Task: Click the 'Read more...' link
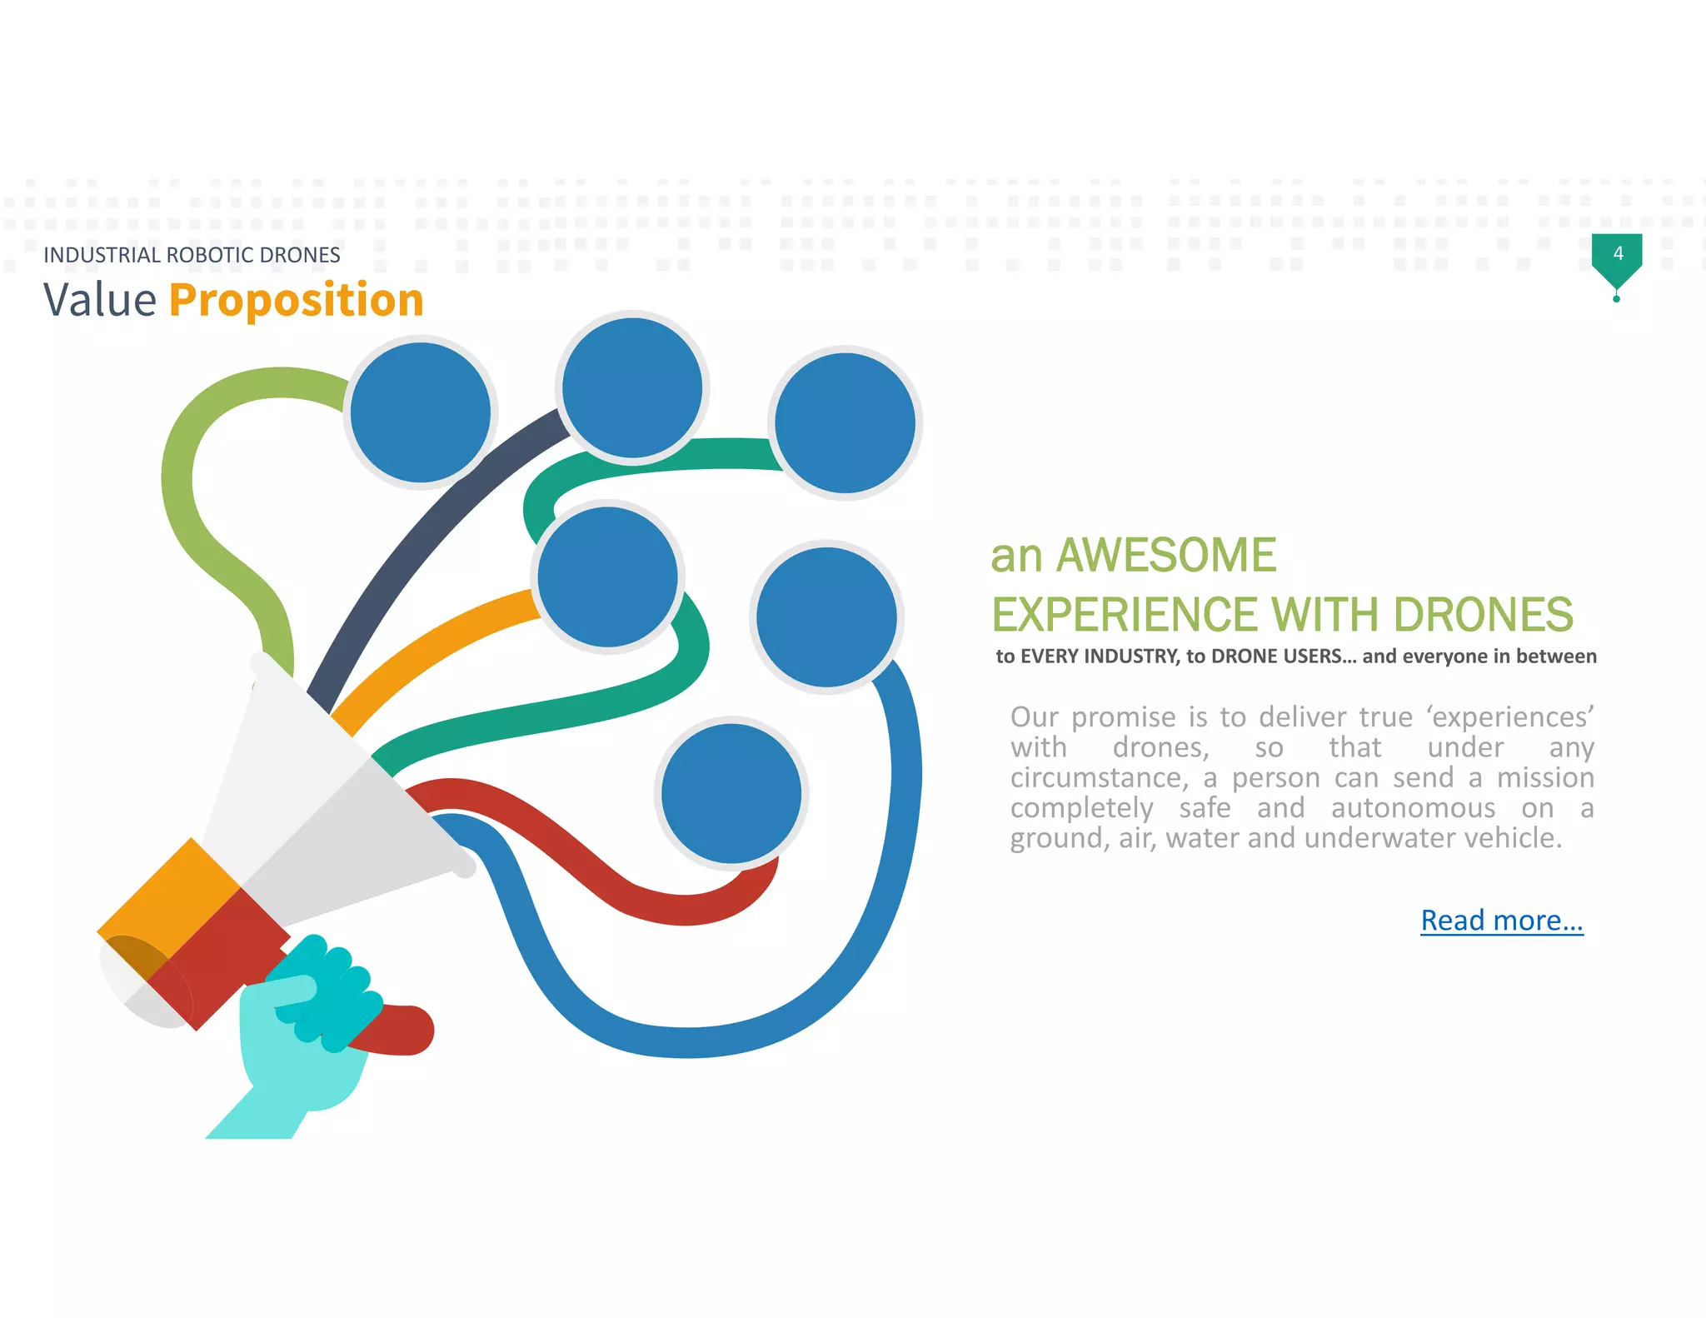point(1501,921)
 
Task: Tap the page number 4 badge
point(1617,254)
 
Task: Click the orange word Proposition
point(296,300)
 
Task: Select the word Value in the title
point(100,300)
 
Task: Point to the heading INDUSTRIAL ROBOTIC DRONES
point(192,255)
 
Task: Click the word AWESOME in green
point(1165,556)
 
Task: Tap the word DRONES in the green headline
point(1483,615)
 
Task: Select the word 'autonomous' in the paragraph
point(1413,808)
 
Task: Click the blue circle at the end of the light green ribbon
point(420,412)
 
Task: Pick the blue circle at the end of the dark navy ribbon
point(631,388)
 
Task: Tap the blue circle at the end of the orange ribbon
point(607,577)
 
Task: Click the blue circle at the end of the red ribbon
point(731,793)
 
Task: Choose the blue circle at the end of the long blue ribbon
point(826,617)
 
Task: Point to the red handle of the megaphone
point(400,1030)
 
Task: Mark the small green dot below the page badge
point(1616,299)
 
